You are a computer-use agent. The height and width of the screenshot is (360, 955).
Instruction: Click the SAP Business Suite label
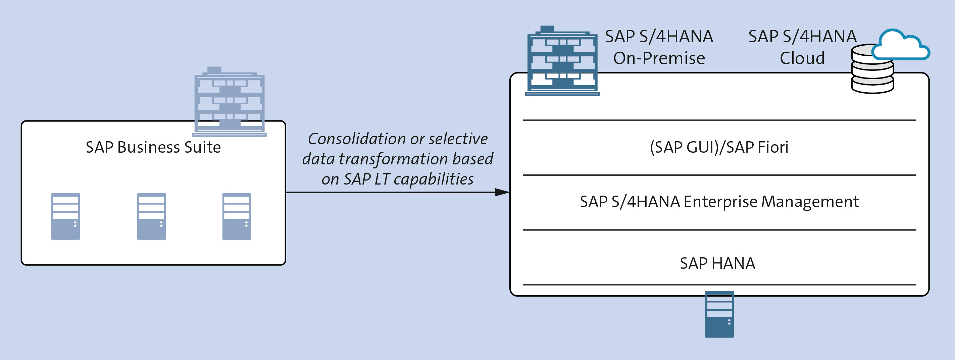point(153,147)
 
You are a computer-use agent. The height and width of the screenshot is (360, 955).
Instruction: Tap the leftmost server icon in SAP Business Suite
point(66,216)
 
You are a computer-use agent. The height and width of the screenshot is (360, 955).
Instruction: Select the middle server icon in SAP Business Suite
point(152,216)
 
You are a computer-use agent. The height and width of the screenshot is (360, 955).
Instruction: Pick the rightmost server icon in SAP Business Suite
point(237,216)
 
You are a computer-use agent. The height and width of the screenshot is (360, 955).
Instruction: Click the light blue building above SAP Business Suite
point(230,102)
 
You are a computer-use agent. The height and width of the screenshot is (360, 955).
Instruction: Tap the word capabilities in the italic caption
point(434,179)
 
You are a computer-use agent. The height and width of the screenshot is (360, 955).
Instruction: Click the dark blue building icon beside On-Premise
point(562,60)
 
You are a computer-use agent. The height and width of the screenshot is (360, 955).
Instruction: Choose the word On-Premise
point(659,58)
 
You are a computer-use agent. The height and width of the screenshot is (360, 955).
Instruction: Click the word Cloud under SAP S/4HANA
point(802,58)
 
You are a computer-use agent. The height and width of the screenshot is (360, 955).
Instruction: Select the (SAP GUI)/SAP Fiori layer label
point(719,147)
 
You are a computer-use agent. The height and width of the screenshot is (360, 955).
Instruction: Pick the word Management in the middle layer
point(810,202)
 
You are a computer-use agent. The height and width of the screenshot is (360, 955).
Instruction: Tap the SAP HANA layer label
point(718,263)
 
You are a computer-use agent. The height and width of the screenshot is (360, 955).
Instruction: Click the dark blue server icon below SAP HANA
point(719,314)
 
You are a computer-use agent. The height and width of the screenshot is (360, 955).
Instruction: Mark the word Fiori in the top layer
point(773,147)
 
